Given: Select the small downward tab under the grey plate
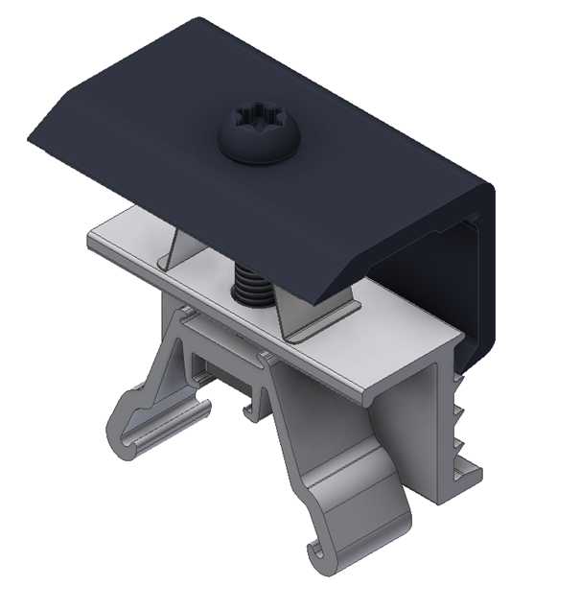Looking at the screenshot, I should coord(253,408).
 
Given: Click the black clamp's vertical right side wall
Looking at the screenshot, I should coord(479,278).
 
